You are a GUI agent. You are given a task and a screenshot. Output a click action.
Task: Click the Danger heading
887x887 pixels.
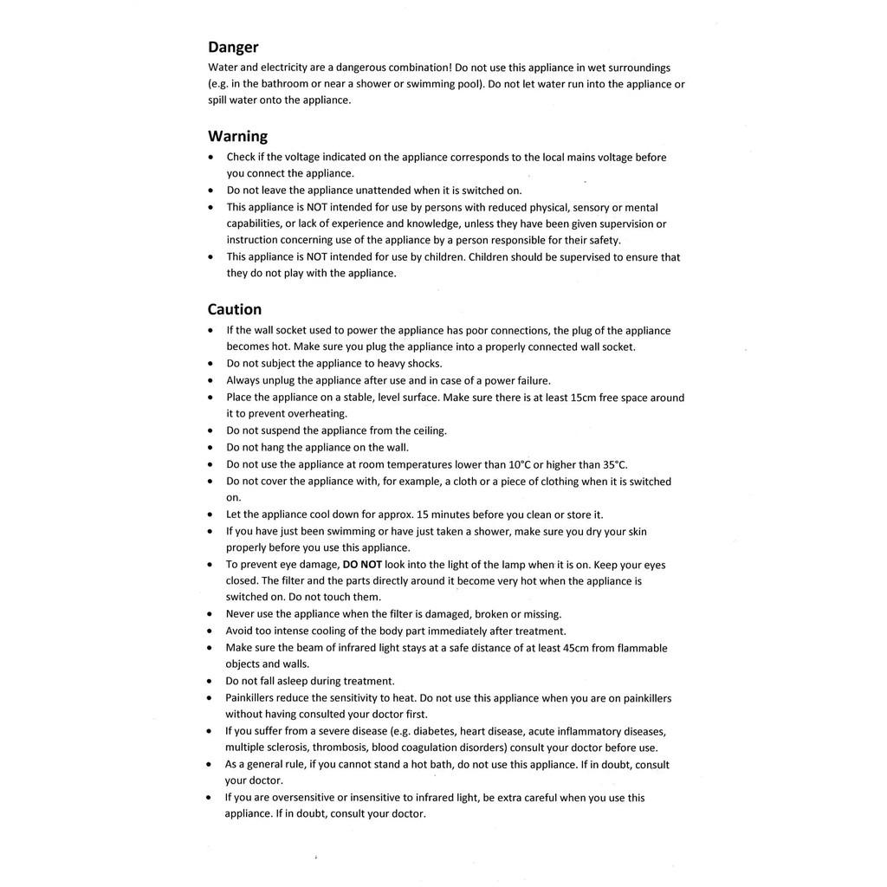233,48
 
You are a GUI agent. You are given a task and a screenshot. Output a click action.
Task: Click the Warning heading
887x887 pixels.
237,136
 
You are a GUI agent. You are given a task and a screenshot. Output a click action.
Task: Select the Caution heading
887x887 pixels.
234,309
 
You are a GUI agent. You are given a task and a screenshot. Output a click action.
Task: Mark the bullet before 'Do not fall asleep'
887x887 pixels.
211,682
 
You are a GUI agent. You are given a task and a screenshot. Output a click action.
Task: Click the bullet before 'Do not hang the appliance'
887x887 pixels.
211,448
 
